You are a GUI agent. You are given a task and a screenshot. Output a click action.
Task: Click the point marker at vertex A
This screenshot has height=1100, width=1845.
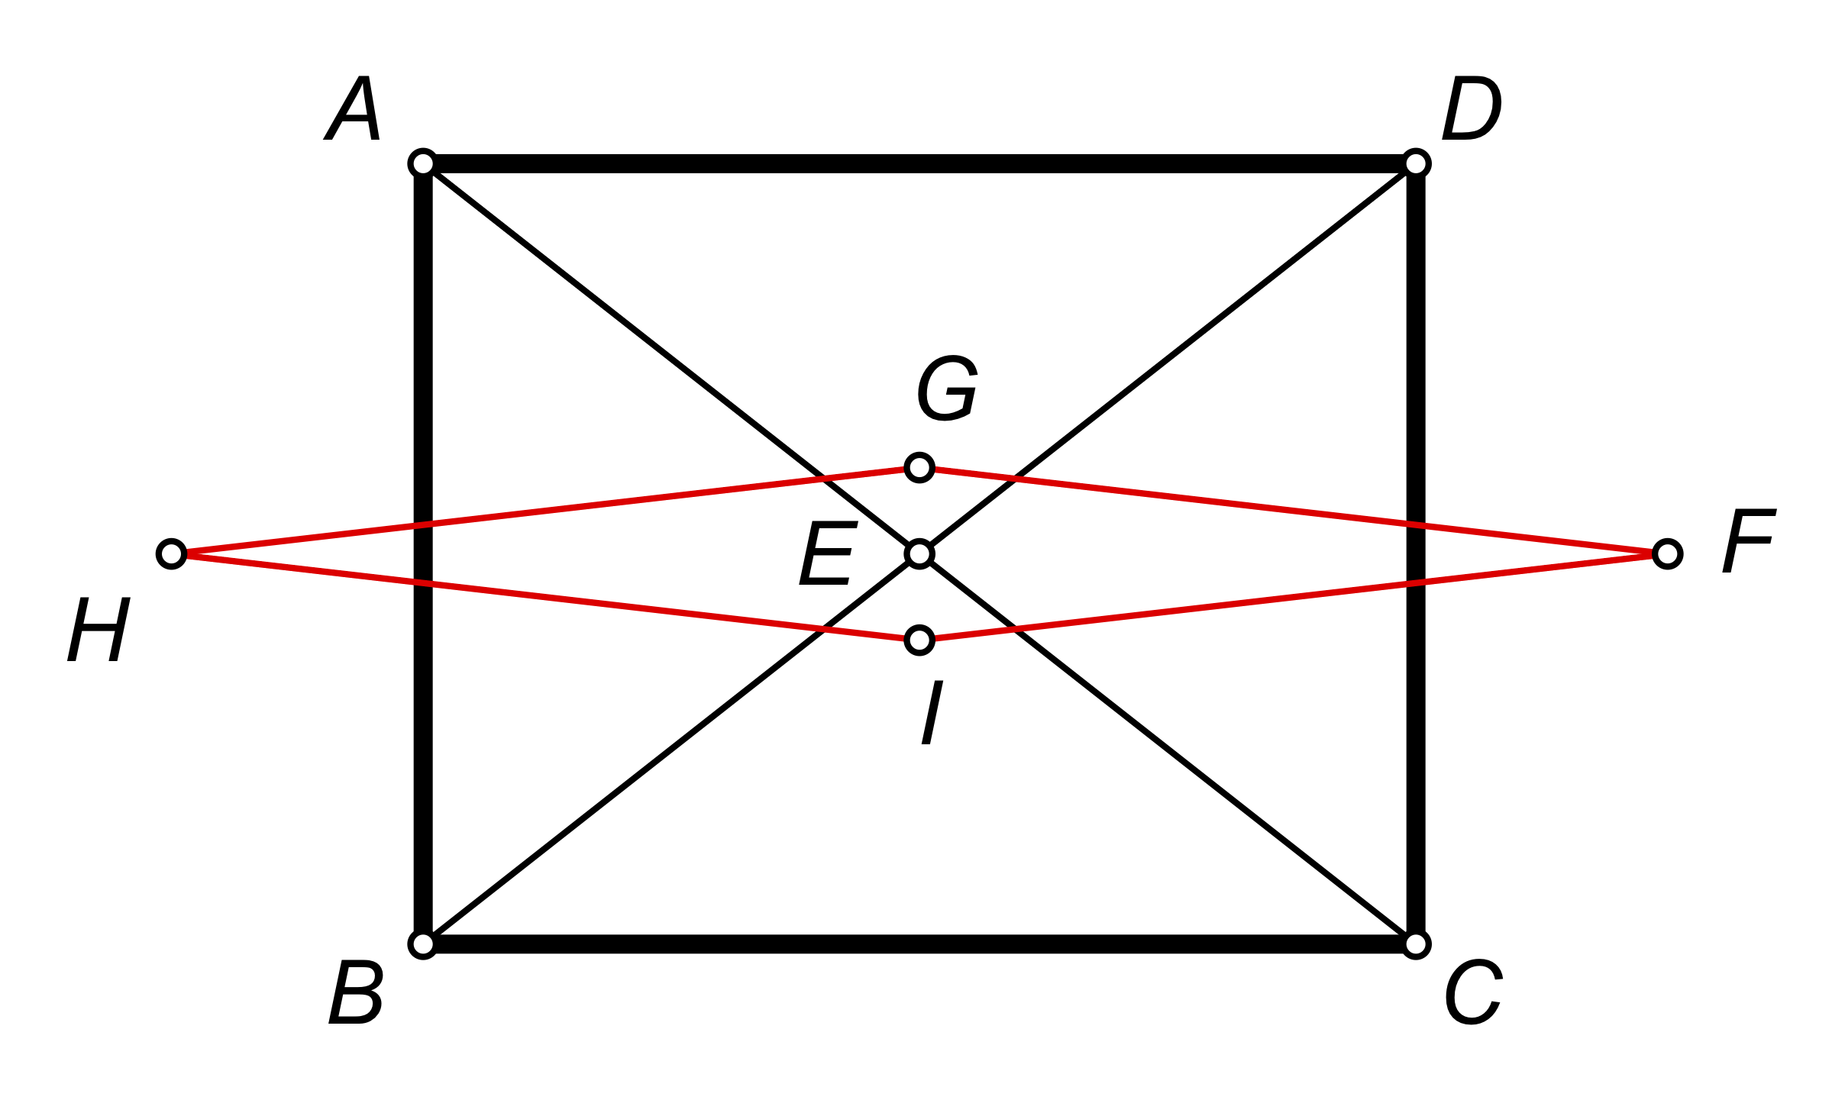coord(422,163)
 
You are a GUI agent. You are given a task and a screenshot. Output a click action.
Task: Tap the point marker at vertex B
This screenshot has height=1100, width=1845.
coord(422,944)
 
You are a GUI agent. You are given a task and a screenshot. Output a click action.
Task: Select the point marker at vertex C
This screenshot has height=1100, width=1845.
coord(1416,944)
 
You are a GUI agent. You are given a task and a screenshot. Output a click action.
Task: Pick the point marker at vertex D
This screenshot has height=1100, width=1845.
coord(1416,163)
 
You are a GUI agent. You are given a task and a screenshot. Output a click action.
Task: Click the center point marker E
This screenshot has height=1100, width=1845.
coord(919,553)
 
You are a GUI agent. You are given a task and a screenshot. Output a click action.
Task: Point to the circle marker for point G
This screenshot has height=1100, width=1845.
coord(919,467)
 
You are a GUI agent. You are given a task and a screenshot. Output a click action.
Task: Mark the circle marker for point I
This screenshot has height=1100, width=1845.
coord(919,640)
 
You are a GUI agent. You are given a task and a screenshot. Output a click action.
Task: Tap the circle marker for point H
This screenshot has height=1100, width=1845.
coord(171,553)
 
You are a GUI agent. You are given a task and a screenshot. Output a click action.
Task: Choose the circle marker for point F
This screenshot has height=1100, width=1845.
coord(1667,553)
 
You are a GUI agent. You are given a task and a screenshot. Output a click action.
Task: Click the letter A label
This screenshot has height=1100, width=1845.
coord(353,108)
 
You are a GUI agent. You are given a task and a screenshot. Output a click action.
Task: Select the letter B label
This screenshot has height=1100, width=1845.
coord(356,992)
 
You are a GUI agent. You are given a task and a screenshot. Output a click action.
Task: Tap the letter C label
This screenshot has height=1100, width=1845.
coord(1473,992)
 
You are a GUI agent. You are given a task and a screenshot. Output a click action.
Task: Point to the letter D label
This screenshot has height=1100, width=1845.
coord(1472,108)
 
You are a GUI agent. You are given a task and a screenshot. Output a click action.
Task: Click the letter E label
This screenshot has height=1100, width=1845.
coord(828,554)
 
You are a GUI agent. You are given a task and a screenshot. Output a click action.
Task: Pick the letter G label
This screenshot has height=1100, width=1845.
coord(947,389)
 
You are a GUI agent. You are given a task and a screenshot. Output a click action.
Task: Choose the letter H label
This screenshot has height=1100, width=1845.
coord(99,631)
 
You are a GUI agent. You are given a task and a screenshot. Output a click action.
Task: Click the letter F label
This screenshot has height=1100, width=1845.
coord(1749,541)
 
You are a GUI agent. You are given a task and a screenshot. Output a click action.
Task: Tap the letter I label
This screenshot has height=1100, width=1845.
coord(932,713)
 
